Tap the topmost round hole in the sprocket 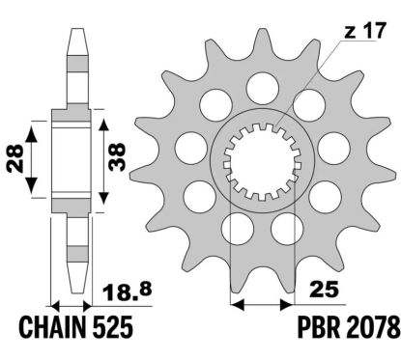point(258,88)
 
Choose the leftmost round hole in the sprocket point(189,147)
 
